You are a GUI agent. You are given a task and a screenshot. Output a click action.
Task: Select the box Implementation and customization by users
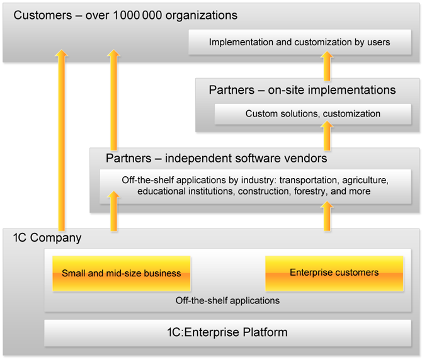point(300,43)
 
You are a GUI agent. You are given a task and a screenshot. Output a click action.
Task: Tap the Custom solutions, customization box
point(313,114)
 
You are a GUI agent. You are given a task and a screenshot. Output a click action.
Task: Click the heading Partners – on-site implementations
point(302,90)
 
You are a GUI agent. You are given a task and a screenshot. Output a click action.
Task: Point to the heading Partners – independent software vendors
point(216,158)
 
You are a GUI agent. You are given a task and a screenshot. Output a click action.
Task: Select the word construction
point(265,191)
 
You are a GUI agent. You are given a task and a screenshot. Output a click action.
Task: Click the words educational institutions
point(186,191)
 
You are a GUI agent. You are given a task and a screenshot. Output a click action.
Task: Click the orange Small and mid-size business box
point(121,273)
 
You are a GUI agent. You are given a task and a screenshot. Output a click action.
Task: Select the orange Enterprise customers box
point(334,273)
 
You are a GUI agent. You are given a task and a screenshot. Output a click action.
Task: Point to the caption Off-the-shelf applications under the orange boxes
point(227,300)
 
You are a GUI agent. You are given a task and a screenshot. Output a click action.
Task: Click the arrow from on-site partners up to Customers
point(327,67)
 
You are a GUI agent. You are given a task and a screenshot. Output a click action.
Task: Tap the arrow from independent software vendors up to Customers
point(113,101)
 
